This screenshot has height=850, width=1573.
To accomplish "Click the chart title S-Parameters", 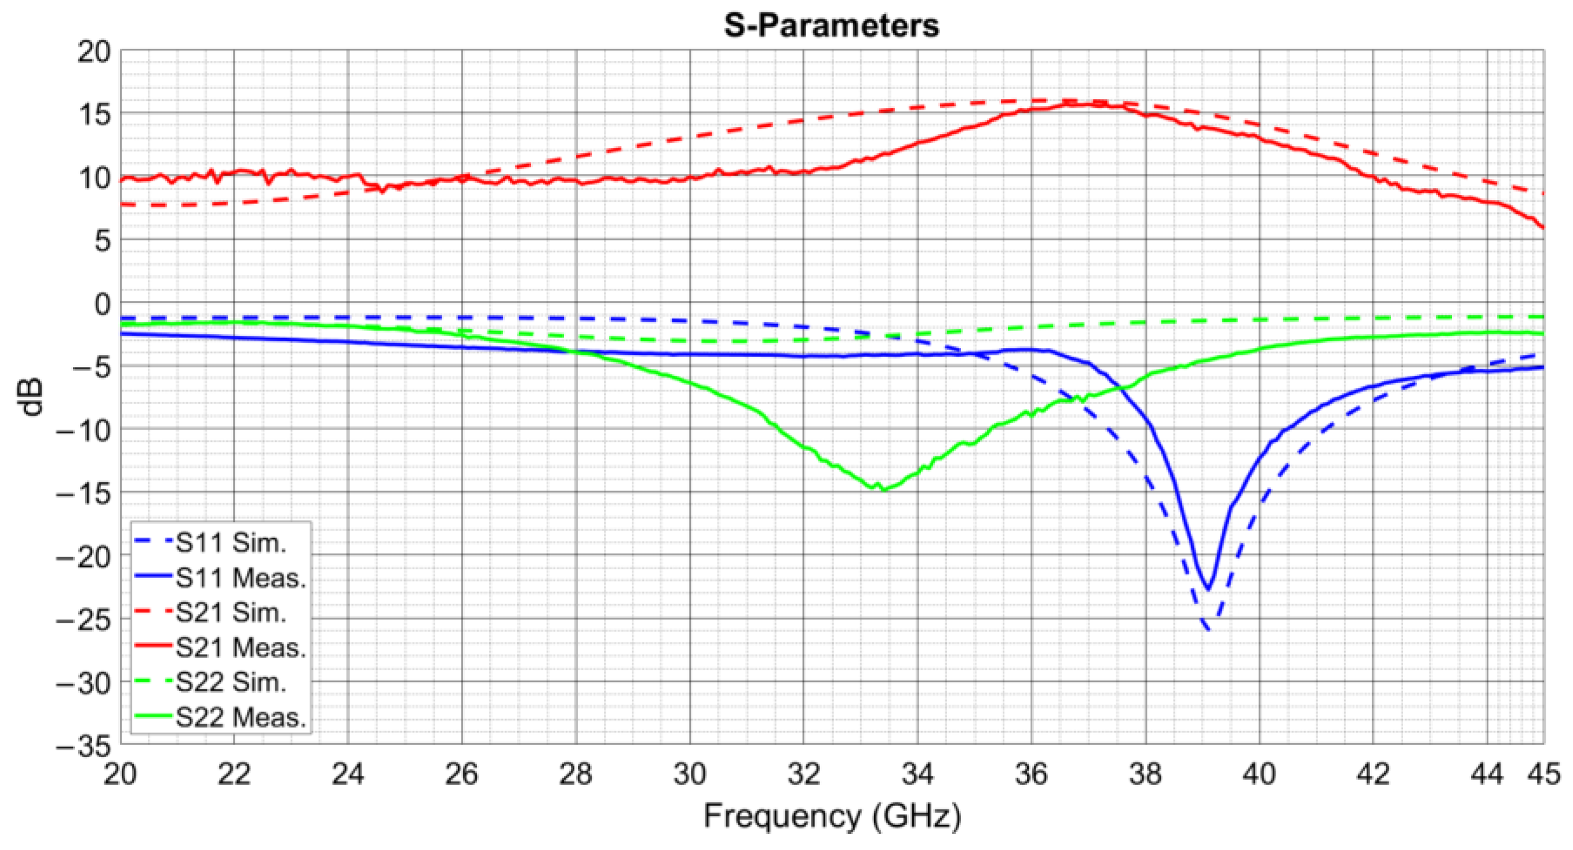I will pyautogui.click(x=831, y=26).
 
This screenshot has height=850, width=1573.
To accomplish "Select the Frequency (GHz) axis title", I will pyautogui.click(x=832, y=816).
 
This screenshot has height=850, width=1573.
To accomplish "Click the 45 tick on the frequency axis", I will pyautogui.click(x=1543, y=775).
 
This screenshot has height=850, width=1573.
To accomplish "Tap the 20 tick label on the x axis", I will pyautogui.click(x=121, y=775).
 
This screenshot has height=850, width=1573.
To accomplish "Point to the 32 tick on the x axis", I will pyautogui.click(x=803, y=775).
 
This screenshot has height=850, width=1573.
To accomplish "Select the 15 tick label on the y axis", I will pyautogui.click(x=94, y=114).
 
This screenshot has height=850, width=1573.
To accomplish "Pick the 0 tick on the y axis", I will pyautogui.click(x=103, y=304).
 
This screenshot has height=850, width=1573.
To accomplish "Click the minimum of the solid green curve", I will pyautogui.click(x=883, y=489).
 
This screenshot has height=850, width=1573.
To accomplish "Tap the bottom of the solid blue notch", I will pyautogui.click(x=1207, y=589).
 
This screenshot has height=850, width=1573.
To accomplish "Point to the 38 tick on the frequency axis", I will pyautogui.click(x=1145, y=775).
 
